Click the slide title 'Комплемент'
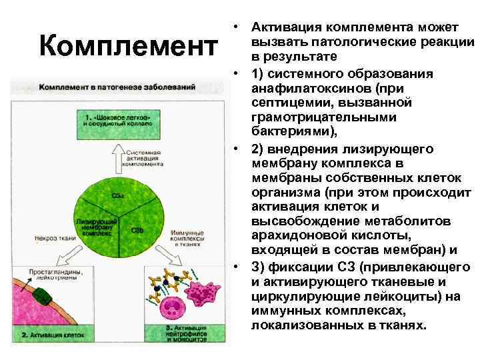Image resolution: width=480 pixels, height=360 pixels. pos(128,47)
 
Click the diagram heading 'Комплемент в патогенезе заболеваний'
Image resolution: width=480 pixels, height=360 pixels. pos(117,87)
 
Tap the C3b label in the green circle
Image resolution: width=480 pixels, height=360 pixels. pos(137,230)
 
